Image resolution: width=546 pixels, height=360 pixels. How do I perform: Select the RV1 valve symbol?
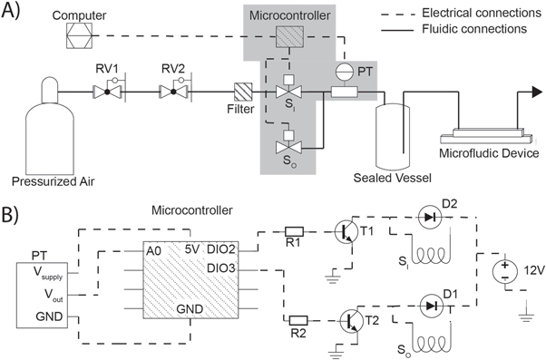tap(106, 92)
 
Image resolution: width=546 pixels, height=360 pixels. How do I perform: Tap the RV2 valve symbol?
tap(171, 92)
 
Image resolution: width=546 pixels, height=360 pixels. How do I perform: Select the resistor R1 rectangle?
tap(293, 232)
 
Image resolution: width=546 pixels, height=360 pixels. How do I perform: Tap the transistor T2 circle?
tap(354, 320)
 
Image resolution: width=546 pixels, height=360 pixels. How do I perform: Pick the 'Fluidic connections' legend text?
tap(481, 29)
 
